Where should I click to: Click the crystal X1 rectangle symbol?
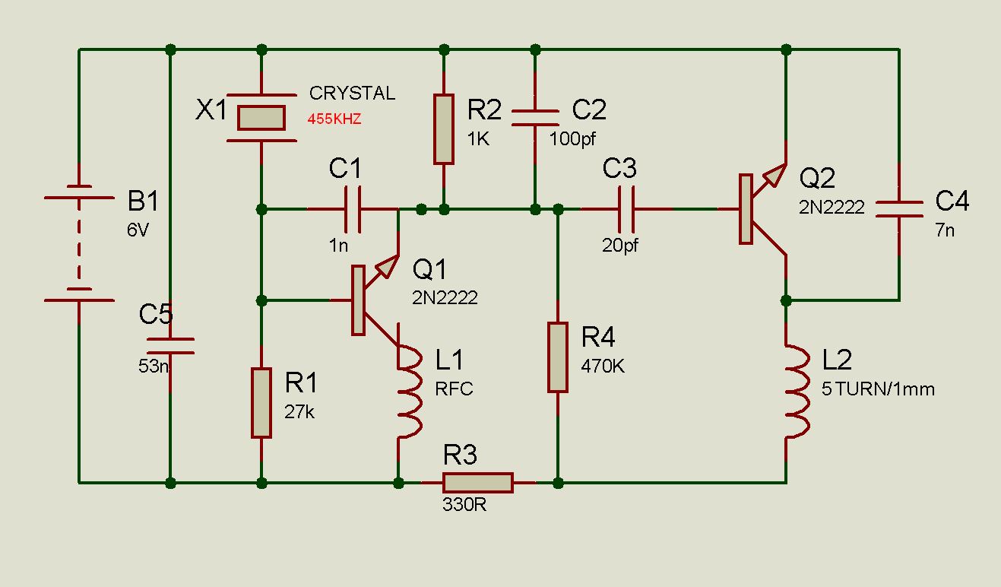pyautogui.click(x=261, y=118)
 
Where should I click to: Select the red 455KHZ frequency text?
pyautogui.click(x=334, y=119)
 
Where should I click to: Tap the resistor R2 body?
pyautogui.click(x=444, y=129)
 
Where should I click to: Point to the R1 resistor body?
pyautogui.click(x=261, y=403)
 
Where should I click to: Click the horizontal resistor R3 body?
pyautogui.click(x=478, y=483)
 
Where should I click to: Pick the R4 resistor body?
pyautogui.click(x=558, y=357)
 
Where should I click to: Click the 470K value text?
pyautogui.click(x=603, y=366)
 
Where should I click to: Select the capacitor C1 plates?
pyautogui.click(x=353, y=209)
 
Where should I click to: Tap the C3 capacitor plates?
pyautogui.click(x=626, y=209)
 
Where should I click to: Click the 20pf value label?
pyautogui.click(x=620, y=246)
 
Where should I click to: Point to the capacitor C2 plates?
pyautogui.click(x=535, y=118)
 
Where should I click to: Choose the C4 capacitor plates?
pyautogui.click(x=899, y=209)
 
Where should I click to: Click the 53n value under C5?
pyautogui.click(x=154, y=366)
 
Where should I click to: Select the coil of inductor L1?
pyautogui.click(x=410, y=391)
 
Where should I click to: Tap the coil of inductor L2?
pyautogui.click(x=797, y=391)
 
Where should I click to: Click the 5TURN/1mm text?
pyautogui.click(x=878, y=389)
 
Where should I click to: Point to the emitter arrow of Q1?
pyautogui.click(x=387, y=266)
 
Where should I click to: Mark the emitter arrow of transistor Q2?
pyautogui.click(x=775, y=175)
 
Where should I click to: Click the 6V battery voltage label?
pyautogui.click(x=138, y=230)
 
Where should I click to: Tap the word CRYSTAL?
pyautogui.click(x=352, y=94)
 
